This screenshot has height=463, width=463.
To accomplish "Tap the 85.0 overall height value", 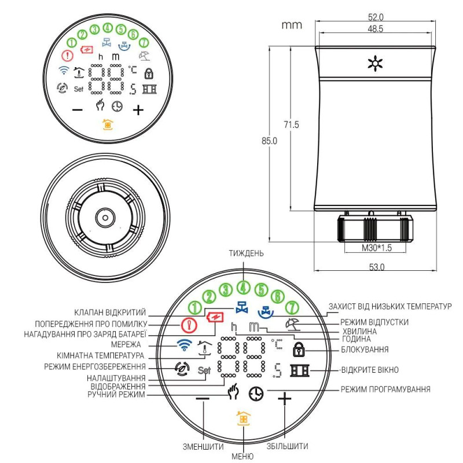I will point(270,141).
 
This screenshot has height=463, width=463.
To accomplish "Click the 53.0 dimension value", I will point(376,267).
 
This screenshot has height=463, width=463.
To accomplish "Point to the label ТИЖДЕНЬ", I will point(244,253).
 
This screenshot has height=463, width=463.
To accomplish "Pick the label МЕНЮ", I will point(242,457).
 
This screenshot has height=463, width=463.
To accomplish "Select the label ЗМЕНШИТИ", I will point(204,446).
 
